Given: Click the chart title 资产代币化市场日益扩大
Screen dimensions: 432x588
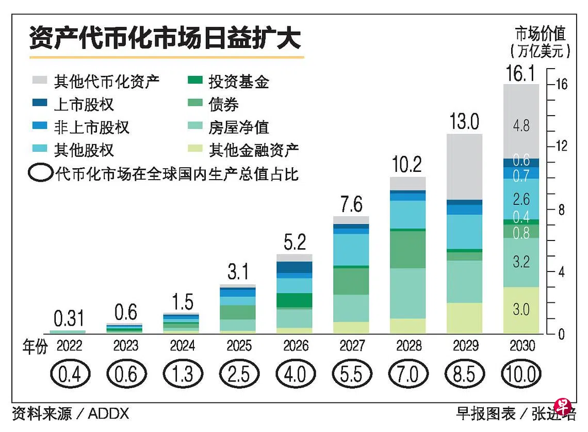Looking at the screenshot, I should [165, 38].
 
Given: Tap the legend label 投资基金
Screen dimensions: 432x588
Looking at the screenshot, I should [239, 81].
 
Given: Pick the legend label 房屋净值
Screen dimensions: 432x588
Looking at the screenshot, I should [239, 127].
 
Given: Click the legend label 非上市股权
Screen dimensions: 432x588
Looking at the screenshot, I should [91, 127].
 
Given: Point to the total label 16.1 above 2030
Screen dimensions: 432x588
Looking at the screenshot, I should [521, 74].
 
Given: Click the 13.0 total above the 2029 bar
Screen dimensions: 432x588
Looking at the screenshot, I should [464, 122].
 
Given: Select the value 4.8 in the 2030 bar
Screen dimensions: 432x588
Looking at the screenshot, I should [521, 125].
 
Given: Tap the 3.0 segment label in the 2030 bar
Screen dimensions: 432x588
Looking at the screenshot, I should [521, 310].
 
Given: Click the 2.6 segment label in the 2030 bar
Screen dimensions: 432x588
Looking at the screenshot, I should [521, 199].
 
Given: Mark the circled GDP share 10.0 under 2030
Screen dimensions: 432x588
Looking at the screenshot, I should [521, 374].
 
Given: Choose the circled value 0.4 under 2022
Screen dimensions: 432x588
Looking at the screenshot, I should [69, 374].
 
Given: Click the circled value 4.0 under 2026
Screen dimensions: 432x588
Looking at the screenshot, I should [295, 374].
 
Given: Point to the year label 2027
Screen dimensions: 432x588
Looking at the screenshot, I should [352, 345].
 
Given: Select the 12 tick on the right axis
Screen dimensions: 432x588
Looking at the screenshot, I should [561, 147].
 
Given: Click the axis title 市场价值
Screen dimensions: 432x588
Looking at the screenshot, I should [540, 35].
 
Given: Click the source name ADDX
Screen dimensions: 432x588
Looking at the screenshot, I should [108, 413].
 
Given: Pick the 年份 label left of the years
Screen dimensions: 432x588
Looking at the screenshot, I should [35, 346].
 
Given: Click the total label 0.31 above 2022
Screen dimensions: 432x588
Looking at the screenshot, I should [69, 319].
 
